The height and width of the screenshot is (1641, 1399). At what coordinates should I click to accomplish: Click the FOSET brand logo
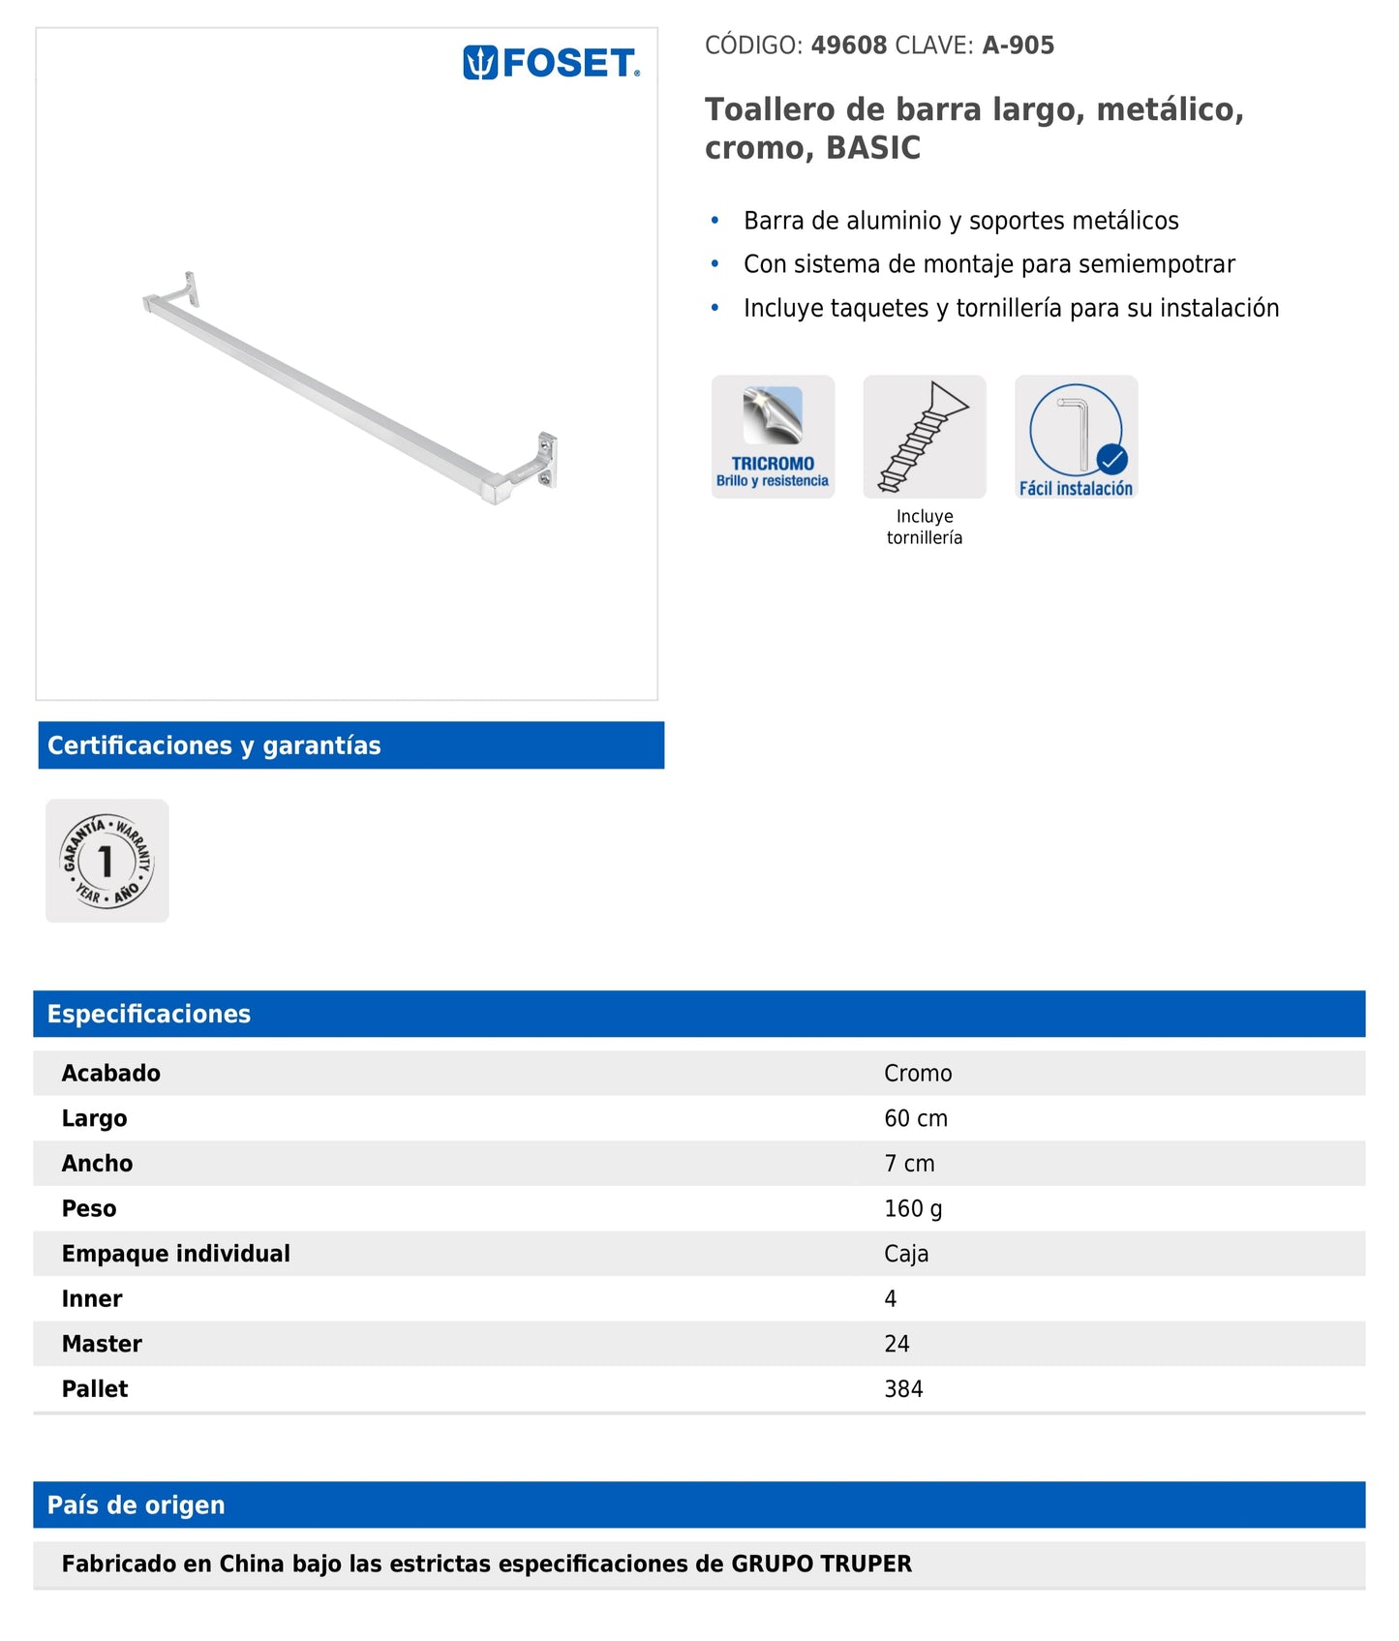(x=551, y=64)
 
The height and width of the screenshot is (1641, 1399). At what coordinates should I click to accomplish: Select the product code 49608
(x=848, y=46)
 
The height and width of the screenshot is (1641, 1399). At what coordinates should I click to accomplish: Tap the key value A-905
(x=1018, y=46)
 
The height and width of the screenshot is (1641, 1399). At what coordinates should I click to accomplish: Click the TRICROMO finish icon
(x=773, y=437)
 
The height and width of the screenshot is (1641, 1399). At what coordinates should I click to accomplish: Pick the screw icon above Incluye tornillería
(x=924, y=437)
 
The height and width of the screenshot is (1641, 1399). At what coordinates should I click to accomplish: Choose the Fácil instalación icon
(x=1076, y=437)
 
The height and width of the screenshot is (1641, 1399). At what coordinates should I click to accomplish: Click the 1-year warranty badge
(x=107, y=861)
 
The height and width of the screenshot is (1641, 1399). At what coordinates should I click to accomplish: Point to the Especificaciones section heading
(x=149, y=1014)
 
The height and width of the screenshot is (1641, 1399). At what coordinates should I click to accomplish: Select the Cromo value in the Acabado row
(x=917, y=1073)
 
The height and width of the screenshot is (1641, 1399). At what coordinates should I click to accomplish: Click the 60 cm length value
(x=915, y=1118)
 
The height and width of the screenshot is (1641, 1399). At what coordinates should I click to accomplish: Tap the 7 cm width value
(x=908, y=1163)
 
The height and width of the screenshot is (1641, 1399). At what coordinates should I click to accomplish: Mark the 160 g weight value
(x=912, y=1208)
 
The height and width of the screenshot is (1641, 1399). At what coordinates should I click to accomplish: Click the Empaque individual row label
(x=175, y=1254)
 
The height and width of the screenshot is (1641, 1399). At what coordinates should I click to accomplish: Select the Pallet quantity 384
(x=902, y=1388)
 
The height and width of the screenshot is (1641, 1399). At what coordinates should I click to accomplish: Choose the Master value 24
(x=896, y=1344)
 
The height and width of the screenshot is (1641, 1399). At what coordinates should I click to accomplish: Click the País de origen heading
(x=136, y=1504)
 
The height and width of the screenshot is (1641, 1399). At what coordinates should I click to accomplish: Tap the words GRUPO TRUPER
(x=821, y=1564)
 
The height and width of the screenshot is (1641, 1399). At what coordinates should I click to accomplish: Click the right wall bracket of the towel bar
(x=544, y=462)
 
